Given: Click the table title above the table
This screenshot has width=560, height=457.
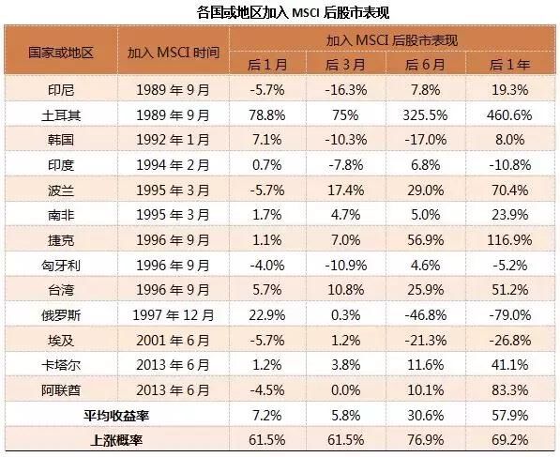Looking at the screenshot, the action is tap(293, 13).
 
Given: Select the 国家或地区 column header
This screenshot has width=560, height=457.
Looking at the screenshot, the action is tap(61, 53).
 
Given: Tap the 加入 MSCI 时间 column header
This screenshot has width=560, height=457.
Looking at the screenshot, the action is tap(174, 53).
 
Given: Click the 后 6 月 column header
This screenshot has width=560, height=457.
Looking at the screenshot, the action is tap(425, 65).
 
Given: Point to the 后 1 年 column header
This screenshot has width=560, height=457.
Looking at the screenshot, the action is tap(509, 65).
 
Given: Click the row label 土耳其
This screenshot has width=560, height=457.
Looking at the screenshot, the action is tap(61, 115).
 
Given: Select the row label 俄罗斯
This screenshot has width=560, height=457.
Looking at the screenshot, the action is tap(61, 315).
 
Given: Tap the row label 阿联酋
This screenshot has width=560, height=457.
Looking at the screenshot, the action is tap(61, 390).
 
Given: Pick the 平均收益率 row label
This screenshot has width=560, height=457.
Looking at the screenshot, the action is tap(116, 416).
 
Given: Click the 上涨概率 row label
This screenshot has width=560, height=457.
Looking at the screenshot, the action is tap(116, 440).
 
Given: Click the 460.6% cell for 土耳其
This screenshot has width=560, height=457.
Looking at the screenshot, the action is tap(509, 115).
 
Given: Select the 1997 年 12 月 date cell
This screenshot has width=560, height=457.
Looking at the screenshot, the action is tap(174, 315).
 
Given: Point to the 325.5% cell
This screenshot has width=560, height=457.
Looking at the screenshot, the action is tap(425, 115).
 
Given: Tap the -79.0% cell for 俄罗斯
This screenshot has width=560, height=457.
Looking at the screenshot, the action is tap(509, 315).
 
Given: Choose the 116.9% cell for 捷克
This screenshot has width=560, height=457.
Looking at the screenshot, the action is tap(509, 240).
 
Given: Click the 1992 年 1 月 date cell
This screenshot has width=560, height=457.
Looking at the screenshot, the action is tap(174, 140).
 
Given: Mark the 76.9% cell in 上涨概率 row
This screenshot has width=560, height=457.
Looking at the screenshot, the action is tap(425, 440).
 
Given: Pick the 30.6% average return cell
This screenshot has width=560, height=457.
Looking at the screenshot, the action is tap(425, 416).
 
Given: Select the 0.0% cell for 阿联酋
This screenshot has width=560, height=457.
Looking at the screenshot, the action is tap(346, 390).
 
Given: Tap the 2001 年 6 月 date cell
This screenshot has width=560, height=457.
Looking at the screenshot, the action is tap(174, 341).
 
